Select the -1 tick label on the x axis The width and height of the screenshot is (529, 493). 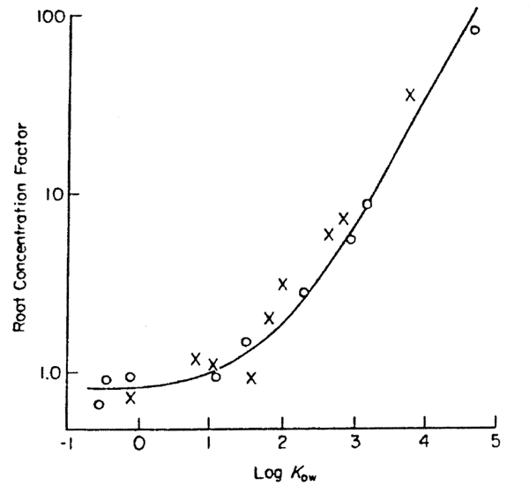tap(64, 444)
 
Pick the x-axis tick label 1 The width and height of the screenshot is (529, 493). tap(208, 444)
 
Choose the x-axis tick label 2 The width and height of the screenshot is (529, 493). tap(282, 444)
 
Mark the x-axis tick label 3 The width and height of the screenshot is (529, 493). tap(354, 444)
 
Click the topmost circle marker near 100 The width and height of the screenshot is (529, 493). tap(474, 30)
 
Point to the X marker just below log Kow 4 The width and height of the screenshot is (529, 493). tap(410, 94)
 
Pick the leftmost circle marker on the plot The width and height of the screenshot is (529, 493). tap(99, 404)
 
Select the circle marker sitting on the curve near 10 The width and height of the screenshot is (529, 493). tap(367, 204)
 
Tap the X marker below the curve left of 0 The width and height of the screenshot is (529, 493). tap(130, 398)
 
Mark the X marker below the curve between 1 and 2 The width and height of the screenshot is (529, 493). tap(251, 377)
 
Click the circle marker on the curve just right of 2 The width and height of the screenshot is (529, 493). tap(303, 292)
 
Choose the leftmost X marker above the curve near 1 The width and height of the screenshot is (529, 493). tap(196, 358)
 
